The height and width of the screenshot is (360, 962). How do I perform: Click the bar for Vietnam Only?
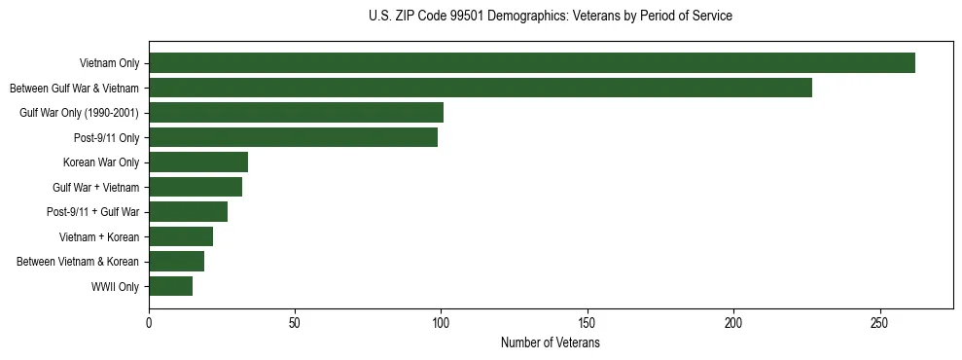click(x=532, y=63)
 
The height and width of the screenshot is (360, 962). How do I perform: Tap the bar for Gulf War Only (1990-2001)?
click(x=296, y=113)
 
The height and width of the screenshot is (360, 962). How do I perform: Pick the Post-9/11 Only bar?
click(x=293, y=137)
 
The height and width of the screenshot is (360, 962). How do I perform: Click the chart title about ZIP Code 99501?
click(x=551, y=17)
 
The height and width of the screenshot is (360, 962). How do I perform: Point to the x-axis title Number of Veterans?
click(x=551, y=343)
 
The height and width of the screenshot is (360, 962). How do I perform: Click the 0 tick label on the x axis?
click(x=149, y=323)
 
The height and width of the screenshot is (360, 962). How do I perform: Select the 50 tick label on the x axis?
click(x=295, y=323)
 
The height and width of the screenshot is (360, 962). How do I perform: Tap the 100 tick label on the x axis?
click(x=441, y=323)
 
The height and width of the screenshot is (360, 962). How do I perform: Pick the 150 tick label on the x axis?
click(x=588, y=323)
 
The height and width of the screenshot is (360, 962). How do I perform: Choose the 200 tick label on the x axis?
click(x=733, y=323)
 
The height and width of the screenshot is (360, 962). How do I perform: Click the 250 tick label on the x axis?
click(x=879, y=323)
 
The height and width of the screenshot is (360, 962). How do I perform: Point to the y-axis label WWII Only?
click(x=115, y=287)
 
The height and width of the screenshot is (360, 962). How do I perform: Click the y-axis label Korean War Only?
click(x=101, y=162)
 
